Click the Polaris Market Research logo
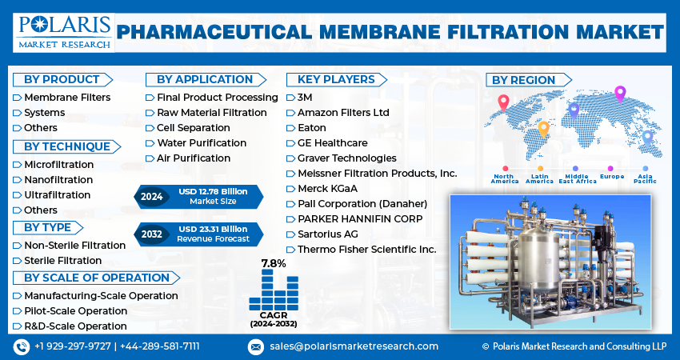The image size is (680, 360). click(x=62, y=31)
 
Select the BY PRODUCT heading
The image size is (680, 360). click(x=62, y=79)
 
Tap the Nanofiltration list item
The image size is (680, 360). click(x=58, y=180)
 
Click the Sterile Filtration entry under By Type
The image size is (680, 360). click(x=62, y=260)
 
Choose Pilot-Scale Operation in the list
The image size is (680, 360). click(x=75, y=310)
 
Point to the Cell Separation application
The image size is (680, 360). click(x=193, y=128)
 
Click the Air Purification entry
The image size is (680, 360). click(x=193, y=158)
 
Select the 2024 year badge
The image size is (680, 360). click(x=151, y=195)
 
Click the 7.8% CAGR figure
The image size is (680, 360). click(x=273, y=263)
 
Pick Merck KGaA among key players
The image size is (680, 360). click(x=327, y=189)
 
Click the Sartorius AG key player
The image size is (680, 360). click(x=327, y=234)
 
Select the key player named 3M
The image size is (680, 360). click(x=305, y=98)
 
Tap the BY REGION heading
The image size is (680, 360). click(x=523, y=80)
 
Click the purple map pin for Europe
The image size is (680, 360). click(x=619, y=94)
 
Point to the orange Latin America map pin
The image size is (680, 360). click(x=543, y=128)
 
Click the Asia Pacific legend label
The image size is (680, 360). click(x=646, y=179)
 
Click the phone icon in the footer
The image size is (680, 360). click(x=21, y=346)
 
